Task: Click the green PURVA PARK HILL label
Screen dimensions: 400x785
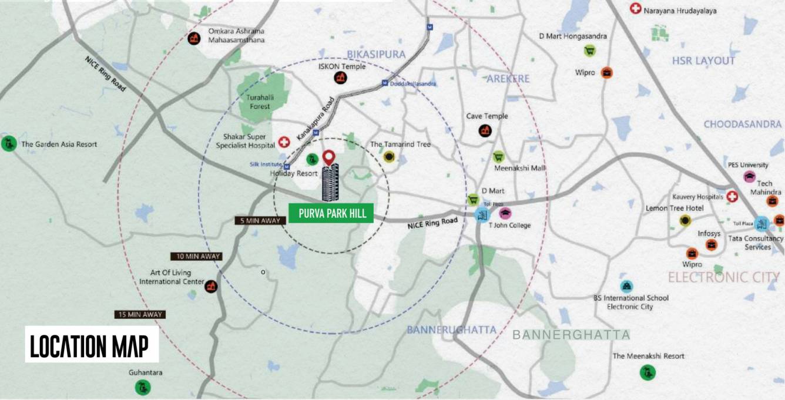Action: point(331,213)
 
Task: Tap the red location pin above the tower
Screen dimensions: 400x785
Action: point(330,157)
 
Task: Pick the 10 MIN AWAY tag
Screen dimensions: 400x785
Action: point(196,256)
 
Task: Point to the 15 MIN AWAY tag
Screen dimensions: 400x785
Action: point(140,315)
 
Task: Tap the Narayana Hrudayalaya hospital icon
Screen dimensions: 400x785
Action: point(635,9)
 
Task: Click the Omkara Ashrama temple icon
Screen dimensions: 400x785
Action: point(193,39)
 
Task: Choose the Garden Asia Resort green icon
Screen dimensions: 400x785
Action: point(8,143)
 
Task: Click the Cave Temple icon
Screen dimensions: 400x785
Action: point(485,130)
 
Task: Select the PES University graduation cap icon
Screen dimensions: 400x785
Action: point(750,176)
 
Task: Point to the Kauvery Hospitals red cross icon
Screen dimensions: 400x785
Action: point(732,197)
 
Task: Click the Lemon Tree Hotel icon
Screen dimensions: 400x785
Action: point(685,220)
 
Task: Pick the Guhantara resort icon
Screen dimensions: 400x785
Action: point(142,386)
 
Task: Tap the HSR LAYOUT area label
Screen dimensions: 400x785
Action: point(704,61)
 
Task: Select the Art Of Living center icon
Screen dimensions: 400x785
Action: point(212,286)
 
